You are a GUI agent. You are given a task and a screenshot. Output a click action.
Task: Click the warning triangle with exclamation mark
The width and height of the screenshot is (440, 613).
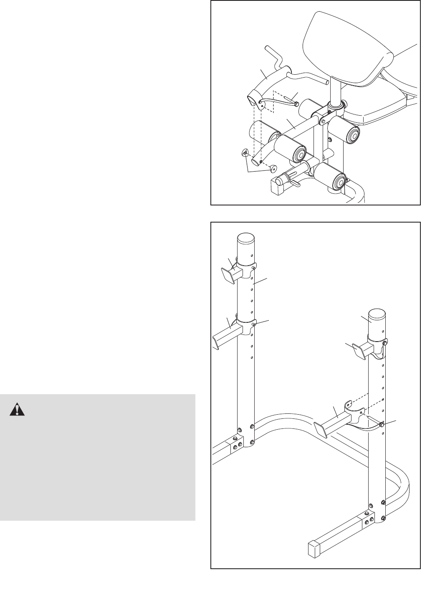point(17,409)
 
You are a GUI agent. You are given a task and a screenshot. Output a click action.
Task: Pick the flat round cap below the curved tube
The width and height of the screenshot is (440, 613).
point(273,168)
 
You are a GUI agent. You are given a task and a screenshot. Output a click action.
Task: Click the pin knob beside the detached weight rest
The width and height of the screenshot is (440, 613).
point(382,425)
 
